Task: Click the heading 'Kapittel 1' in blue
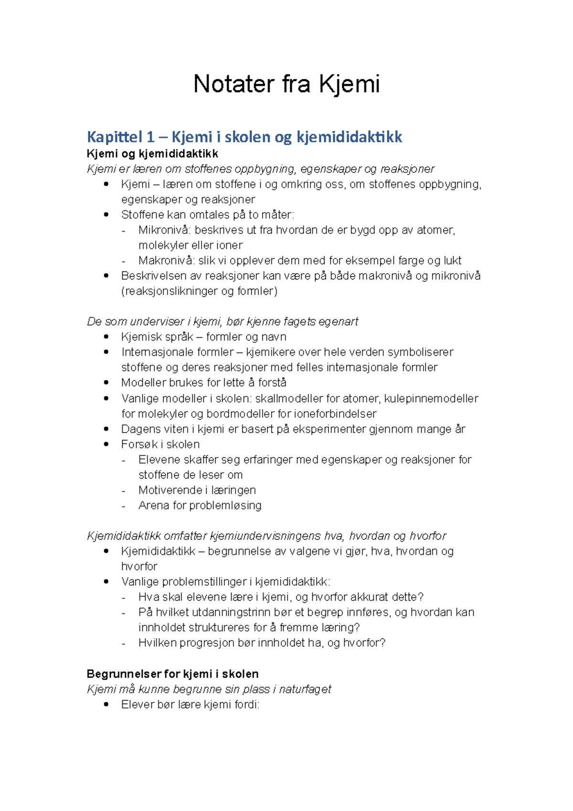coord(121,137)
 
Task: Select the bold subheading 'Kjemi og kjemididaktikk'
coord(152,154)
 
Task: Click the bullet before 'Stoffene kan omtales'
coord(106,215)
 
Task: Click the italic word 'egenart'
coord(338,322)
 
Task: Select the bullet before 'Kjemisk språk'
coord(106,337)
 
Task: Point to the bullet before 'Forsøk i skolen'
coord(106,444)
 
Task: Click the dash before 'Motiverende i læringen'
coord(124,491)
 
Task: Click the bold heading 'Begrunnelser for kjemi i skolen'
coord(172,674)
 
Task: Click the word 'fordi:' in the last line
coord(246,704)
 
